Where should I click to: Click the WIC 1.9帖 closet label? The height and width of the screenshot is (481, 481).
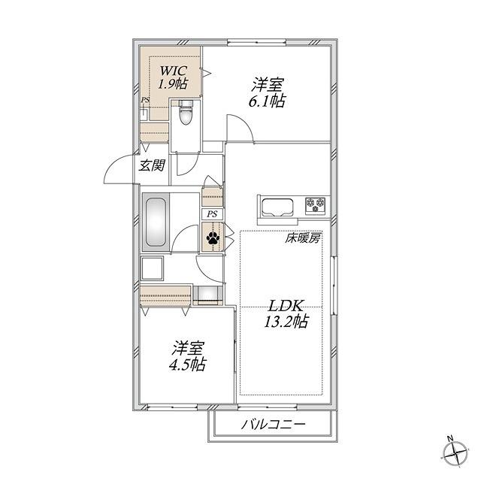point(174,77)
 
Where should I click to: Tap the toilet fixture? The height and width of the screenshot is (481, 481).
point(186,113)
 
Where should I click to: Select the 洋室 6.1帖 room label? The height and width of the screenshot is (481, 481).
point(268,92)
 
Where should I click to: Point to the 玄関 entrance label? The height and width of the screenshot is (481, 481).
point(152,165)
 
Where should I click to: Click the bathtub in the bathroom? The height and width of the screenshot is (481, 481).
point(156,222)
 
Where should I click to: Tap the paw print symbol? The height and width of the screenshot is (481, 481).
point(213,237)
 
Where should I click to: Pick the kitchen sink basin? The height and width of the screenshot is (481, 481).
point(277,207)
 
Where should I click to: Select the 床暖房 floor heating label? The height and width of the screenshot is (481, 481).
point(303,237)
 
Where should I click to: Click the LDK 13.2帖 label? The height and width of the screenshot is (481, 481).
point(286,313)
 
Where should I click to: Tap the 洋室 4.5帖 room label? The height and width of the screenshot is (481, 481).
point(187,355)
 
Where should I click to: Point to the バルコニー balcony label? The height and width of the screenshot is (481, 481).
point(273,425)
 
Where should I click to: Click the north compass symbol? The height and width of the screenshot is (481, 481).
point(455,452)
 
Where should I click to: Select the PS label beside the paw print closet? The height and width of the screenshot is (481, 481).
point(212,213)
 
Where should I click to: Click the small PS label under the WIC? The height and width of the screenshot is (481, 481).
point(145,100)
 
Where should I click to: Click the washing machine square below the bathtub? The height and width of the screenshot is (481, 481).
point(152,268)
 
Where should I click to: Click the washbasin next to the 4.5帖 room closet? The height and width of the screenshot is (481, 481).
point(207,295)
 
